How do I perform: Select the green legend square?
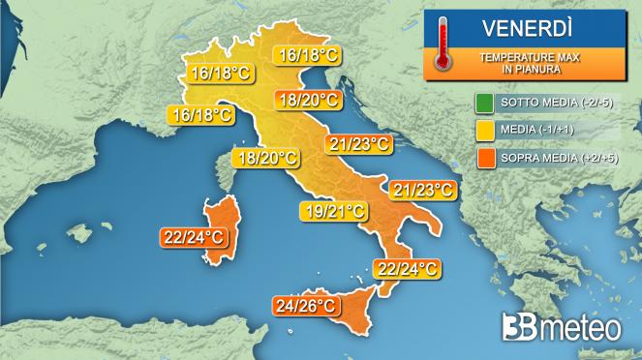tap(482, 102)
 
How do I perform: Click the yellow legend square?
tap(482, 128)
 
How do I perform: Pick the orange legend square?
tap(482, 155)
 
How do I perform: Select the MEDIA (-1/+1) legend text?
tap(536, 128)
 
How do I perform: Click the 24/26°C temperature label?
tap(306, 307)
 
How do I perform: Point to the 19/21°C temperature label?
tap(333, 209)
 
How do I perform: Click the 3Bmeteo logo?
tap(562, 327)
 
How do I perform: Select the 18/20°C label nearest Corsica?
tap(264, 159)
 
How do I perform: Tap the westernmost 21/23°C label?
tap(359, 144)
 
